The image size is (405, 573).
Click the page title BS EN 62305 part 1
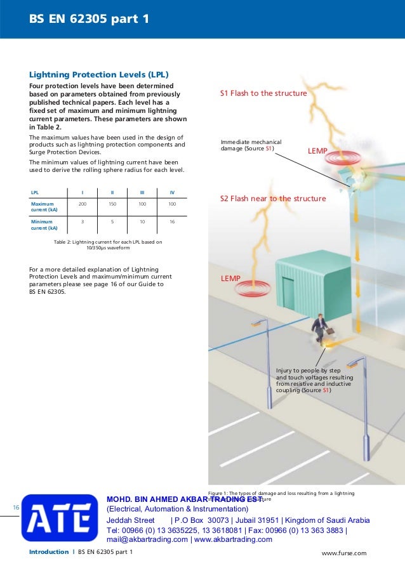pos(88,19)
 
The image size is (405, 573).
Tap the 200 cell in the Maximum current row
pos(83,204)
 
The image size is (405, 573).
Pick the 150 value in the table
pos(112,204)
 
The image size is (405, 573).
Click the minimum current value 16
pos(172,222)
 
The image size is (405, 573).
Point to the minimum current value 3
pos(83,222)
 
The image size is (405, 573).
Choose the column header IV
pos(172,192)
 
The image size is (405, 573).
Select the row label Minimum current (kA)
pos(44,225)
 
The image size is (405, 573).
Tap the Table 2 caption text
pos(107,245)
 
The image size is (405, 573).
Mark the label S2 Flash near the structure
pos(272,199)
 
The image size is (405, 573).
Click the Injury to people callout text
pos(314,380)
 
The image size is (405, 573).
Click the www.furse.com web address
pos(344,553)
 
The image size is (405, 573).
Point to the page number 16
pos(16,507)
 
